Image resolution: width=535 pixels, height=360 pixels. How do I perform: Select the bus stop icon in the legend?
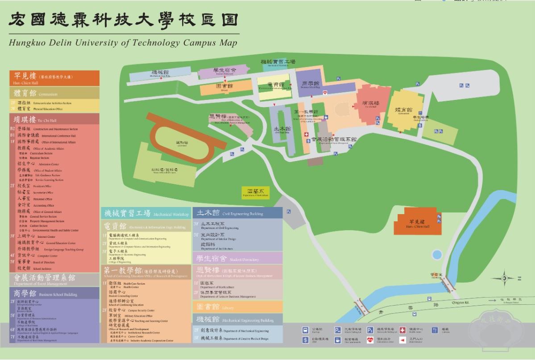[x=306, y=330]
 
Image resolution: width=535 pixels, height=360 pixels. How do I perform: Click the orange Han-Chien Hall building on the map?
[x=417, y=222]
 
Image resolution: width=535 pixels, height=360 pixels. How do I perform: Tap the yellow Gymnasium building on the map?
[x=404, y=109]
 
